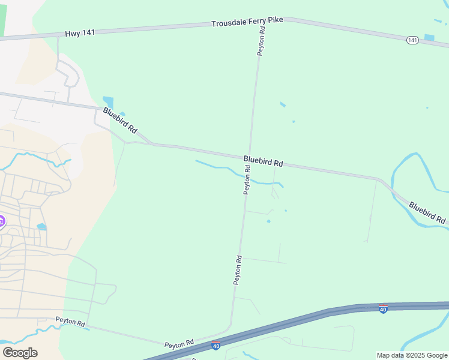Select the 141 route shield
pos(412,40)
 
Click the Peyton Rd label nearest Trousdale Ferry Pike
pos(261,41)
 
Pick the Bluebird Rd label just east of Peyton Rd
pos(263,161)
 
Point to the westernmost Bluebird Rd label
pos(120,121)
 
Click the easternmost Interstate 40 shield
pos(383,309)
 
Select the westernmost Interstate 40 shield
pos(216,346)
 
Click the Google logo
pos(20,353)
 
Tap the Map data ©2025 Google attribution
pos(412,355)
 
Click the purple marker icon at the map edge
pos(2,221)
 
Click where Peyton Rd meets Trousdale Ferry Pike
pos(262,19)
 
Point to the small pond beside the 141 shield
pos(429,37)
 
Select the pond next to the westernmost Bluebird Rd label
pos(108,101)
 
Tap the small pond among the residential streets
pos(41,227)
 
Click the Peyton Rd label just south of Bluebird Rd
pos(247,180)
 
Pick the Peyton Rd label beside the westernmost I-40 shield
pos(181,343)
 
